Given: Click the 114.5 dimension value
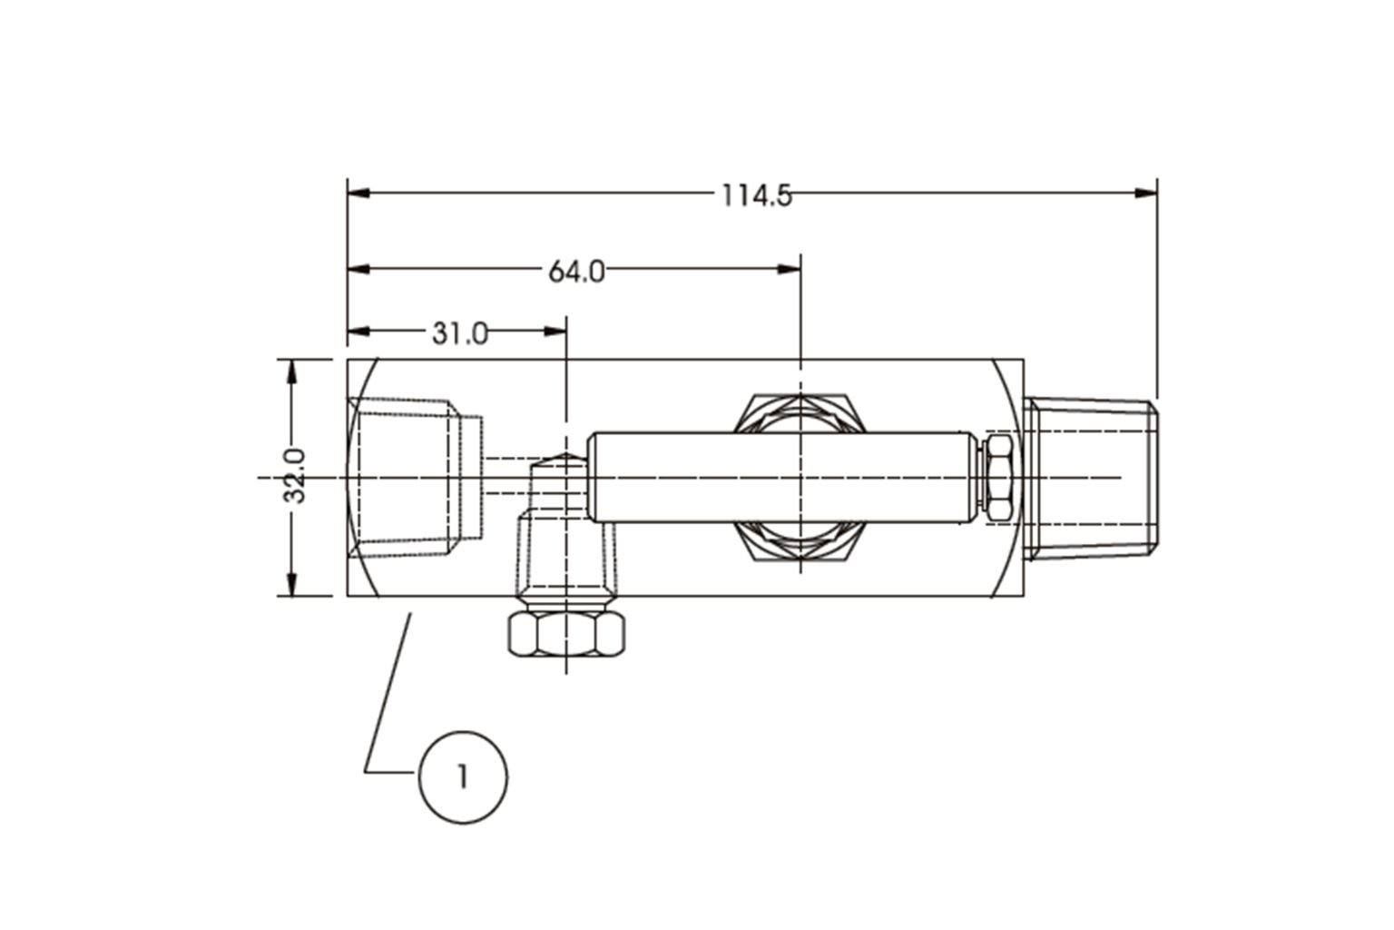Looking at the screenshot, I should pos(756,195).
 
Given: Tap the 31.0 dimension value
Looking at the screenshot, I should pos(459,334).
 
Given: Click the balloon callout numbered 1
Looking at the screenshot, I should pos(463,778).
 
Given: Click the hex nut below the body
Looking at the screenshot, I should pos(566,634).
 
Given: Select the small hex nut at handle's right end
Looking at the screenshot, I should pos(998,479).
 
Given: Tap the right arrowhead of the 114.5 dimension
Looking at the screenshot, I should pos(1147,193).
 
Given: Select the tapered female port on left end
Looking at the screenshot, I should pos(413,477).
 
